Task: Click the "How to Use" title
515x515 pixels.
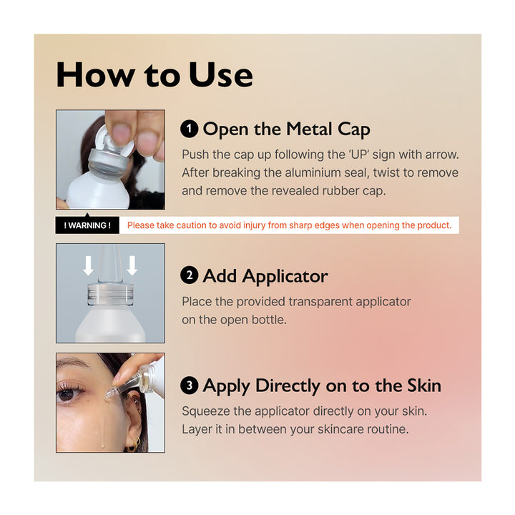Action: coord(154,75)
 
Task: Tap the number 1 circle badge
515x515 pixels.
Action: coord(189,129)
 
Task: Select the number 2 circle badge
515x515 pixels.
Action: coord(189,275)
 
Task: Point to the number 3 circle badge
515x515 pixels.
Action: coord(189,386)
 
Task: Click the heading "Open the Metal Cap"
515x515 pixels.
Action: coord(286,129)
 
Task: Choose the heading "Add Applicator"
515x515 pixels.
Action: coord(265,276)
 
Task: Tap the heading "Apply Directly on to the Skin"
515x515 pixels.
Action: coord(322,386)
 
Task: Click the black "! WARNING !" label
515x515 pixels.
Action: coord(87,225)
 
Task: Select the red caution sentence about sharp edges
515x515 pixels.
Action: coord(290,225)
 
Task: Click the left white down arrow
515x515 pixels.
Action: coord(88,265)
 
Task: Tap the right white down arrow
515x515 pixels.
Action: coord(132,265)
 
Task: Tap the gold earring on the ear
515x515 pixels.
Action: coord(133,444)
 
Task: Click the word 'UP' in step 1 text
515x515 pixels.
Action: coord(359,154)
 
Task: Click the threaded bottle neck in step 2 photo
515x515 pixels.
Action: coord(110,293)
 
